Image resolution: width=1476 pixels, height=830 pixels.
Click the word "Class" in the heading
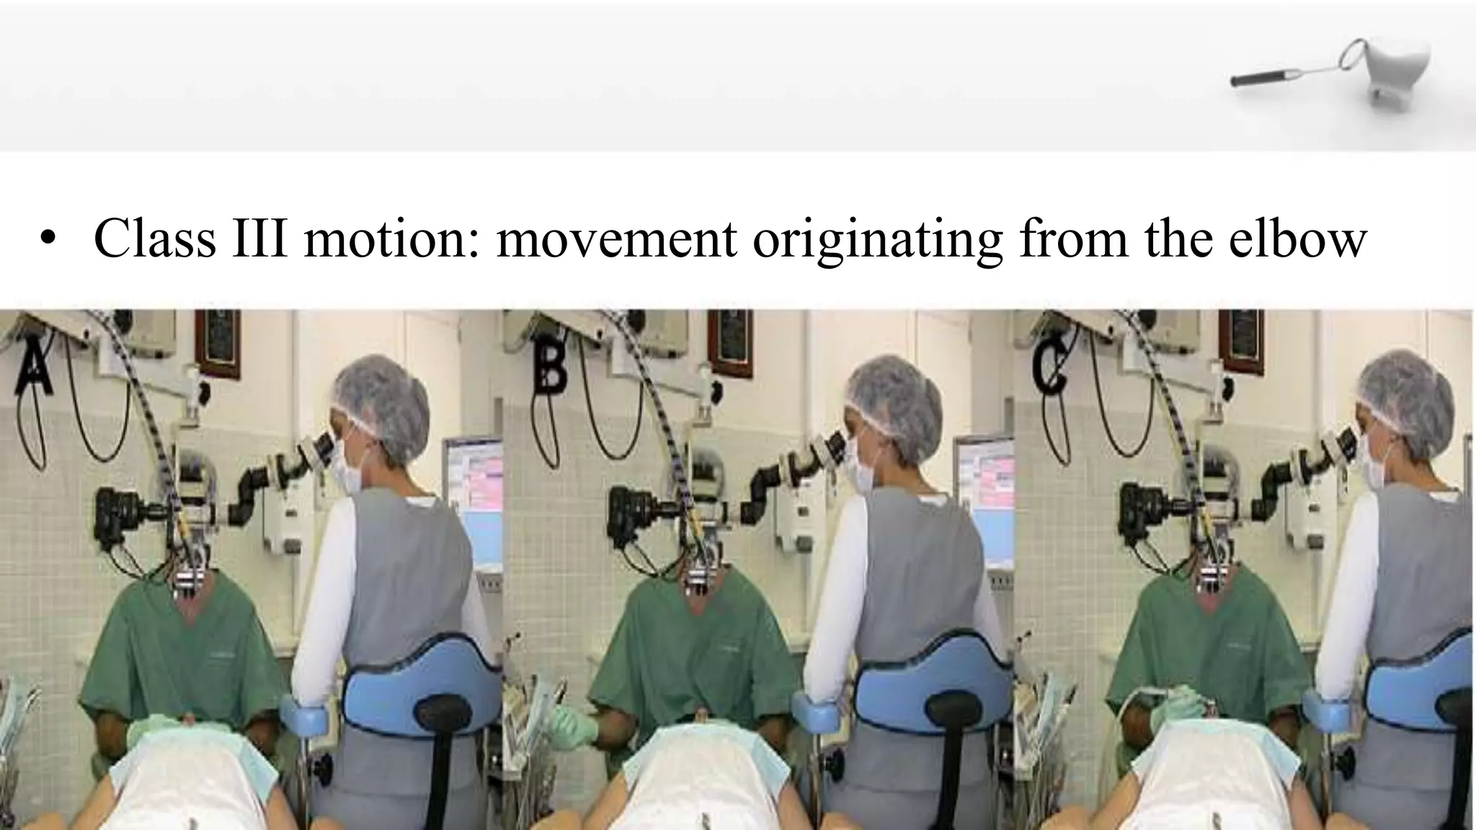click(154, 238)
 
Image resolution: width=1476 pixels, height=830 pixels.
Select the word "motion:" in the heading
click(394, 238)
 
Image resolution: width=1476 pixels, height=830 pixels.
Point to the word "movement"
click(616, 238)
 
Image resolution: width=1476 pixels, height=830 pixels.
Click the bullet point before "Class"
click(48, 241)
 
